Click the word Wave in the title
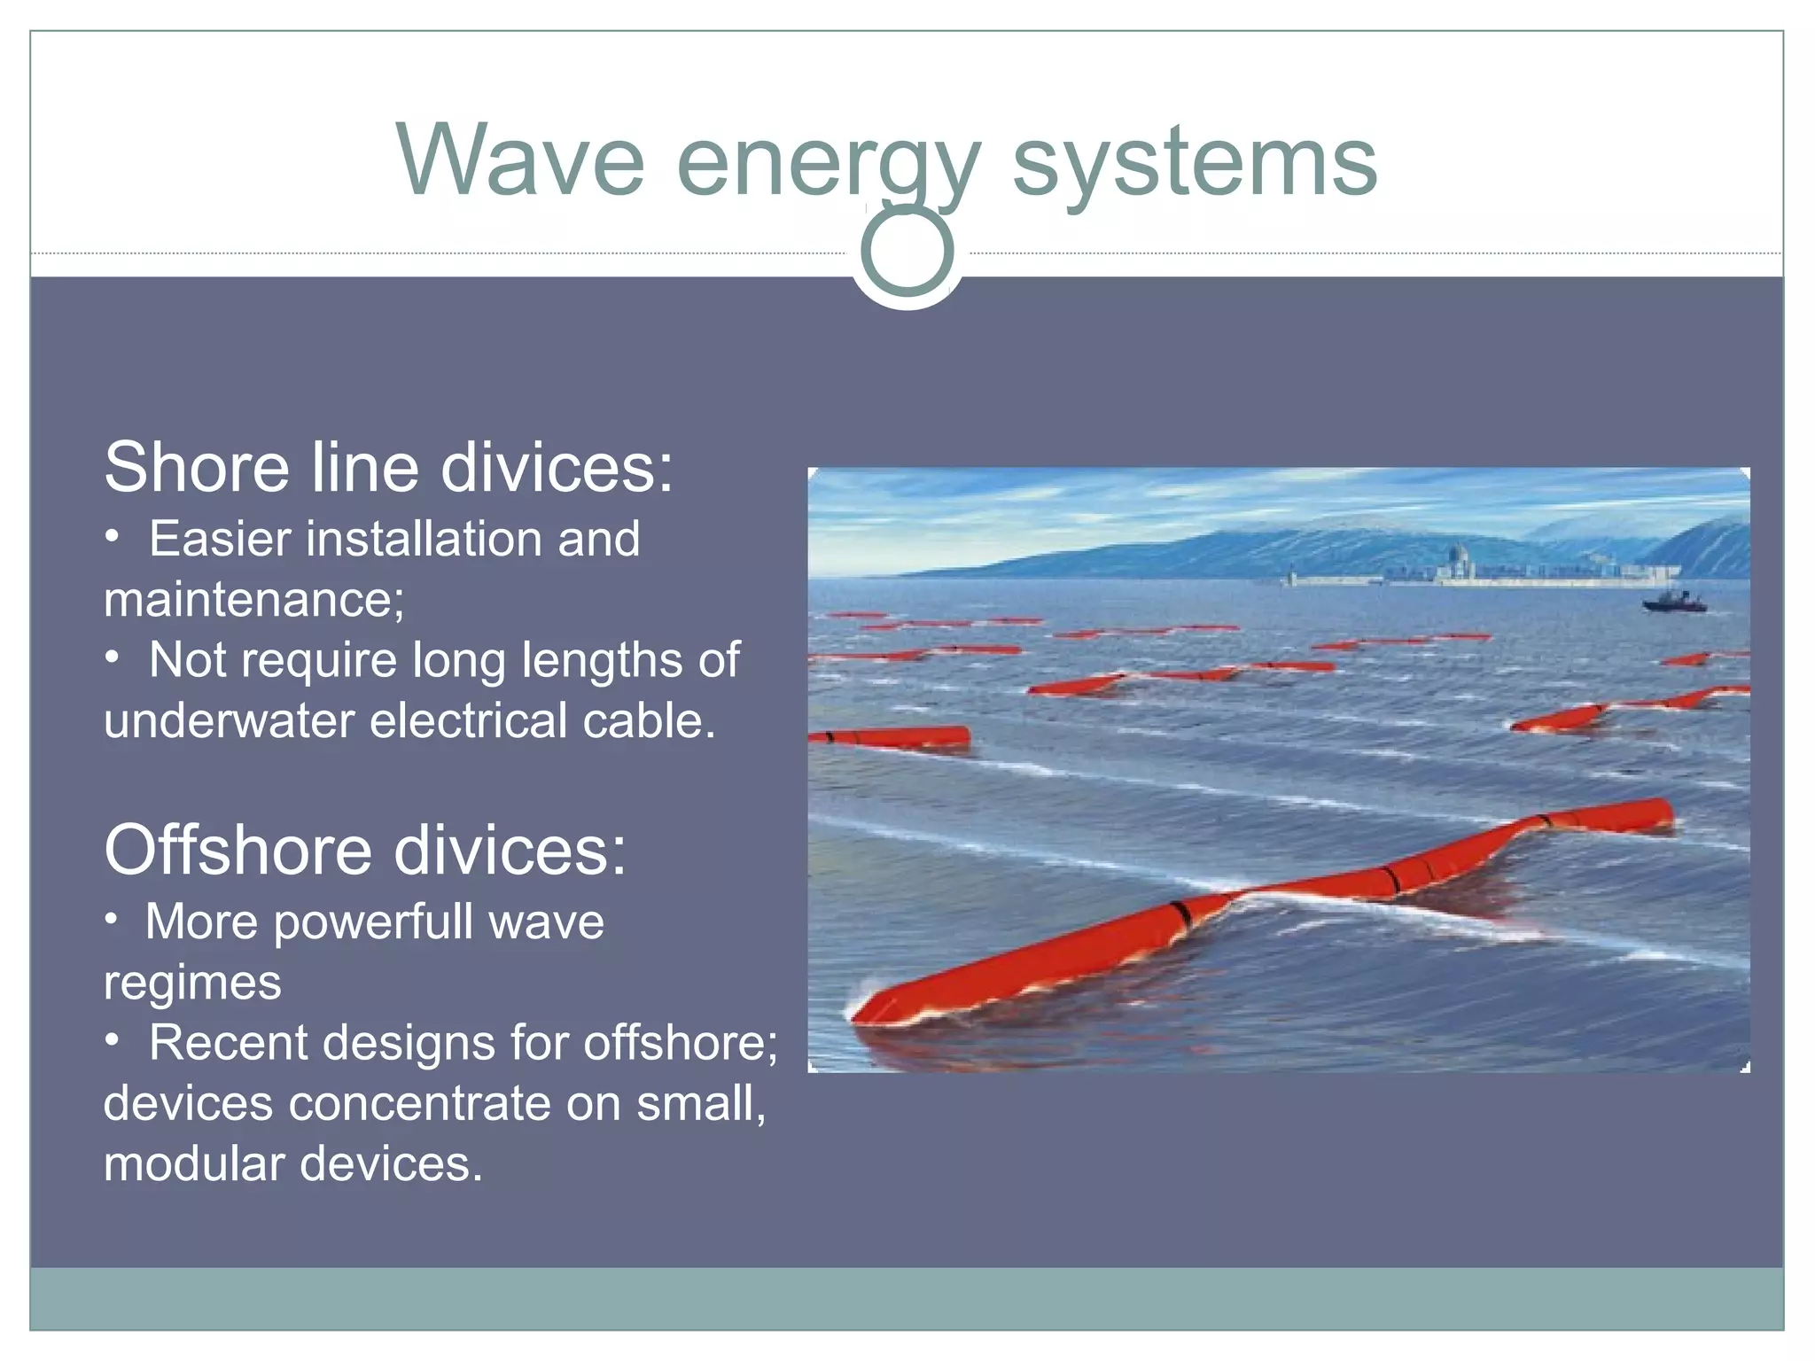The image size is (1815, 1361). [x=521, y=161]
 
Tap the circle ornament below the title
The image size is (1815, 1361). [x=907, y=252]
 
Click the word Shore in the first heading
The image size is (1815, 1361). [x=198, y=467]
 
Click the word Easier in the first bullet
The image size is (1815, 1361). [x=220, y=539]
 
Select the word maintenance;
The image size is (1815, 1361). [x=253, y=600]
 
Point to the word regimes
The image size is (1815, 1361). [x=192, y=984]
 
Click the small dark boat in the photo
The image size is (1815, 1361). [x=1674, y=603]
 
